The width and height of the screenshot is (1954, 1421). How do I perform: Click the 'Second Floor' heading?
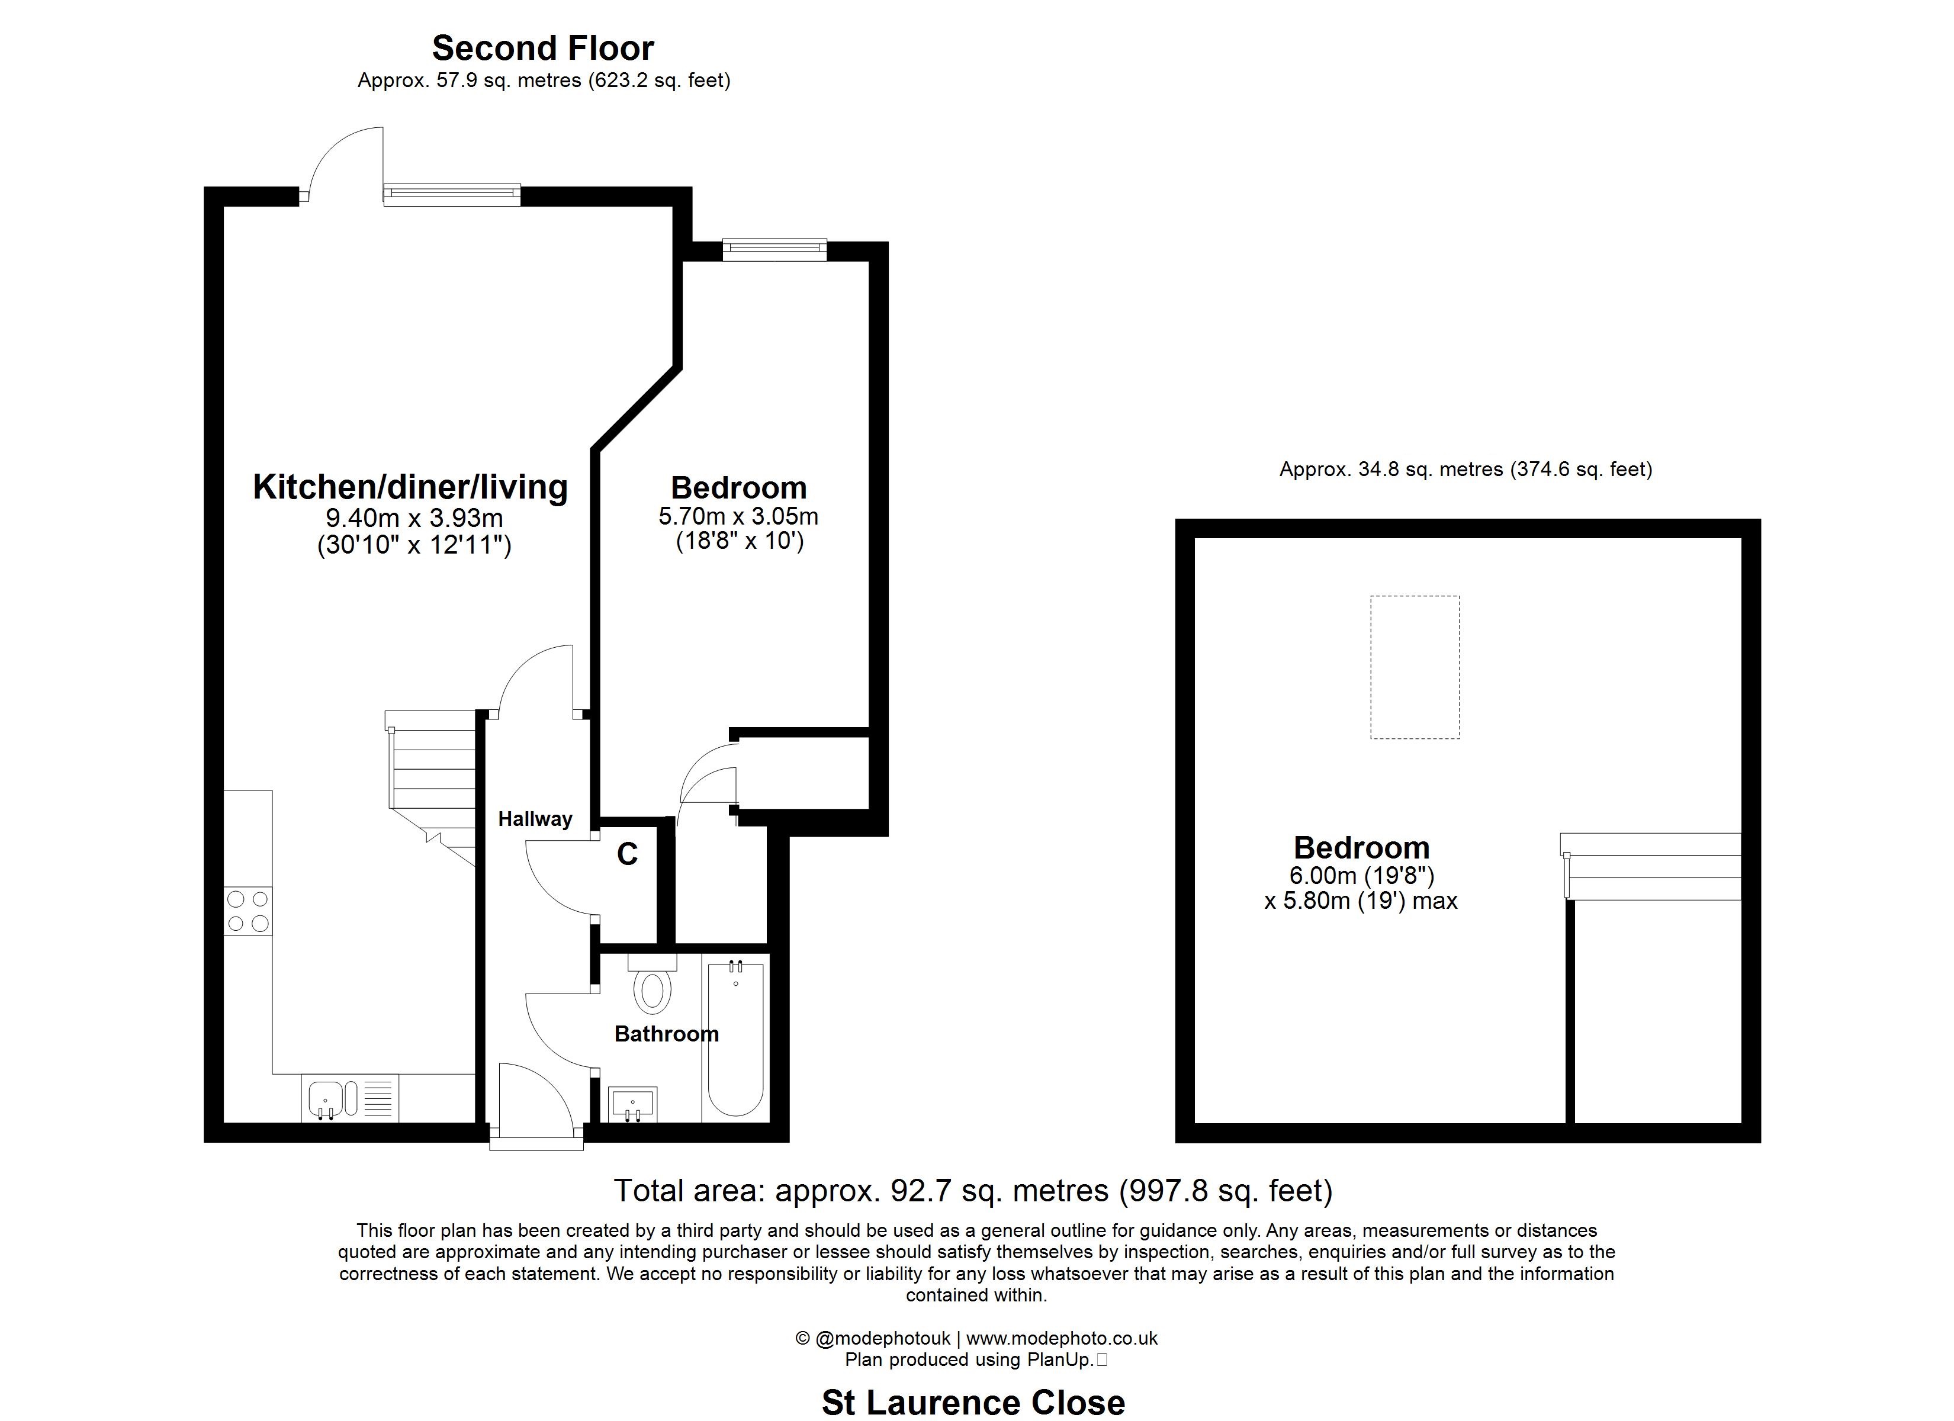point(543,49)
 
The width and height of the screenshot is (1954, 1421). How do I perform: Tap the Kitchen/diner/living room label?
point(410,488)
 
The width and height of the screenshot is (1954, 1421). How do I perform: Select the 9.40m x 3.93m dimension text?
point(414,519)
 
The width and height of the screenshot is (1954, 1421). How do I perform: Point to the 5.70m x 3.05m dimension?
point(738,517)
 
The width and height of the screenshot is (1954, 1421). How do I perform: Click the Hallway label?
point(535,819)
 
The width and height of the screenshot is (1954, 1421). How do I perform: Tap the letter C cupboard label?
point(627,854)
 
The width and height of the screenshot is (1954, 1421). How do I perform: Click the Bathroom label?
point(667,1034)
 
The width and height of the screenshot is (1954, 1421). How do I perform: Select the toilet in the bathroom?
point(652,983)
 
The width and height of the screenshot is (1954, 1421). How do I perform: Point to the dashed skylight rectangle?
point(1415,667)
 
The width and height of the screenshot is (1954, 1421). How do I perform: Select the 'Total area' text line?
point(973,1191)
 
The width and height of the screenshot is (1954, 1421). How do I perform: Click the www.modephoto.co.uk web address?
point(1062,1338)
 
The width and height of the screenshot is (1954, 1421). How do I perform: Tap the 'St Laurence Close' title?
point(973,1403)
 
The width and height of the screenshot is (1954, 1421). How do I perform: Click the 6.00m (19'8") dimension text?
point(1361,876)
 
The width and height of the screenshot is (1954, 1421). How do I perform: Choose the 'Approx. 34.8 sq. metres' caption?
point(1465,470)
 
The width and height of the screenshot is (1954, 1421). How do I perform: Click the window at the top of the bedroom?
point(774,251)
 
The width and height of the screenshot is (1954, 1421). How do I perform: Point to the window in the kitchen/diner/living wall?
point(452,195)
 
